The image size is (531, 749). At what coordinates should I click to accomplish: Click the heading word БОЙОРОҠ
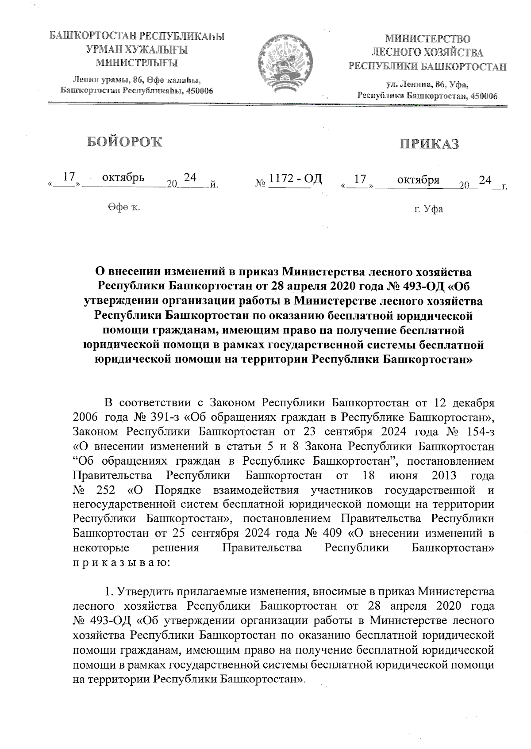[x=124, y=141]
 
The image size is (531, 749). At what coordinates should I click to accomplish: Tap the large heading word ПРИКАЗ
[x=429, y=144]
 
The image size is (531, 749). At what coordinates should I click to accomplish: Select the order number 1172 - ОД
[x=296, y=179]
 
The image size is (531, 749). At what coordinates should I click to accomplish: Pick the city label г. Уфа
[x=428, y=209]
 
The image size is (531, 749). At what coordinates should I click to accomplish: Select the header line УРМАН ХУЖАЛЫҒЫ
[x=137, y=50]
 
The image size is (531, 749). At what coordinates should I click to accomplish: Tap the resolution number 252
[x=105, y=490]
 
